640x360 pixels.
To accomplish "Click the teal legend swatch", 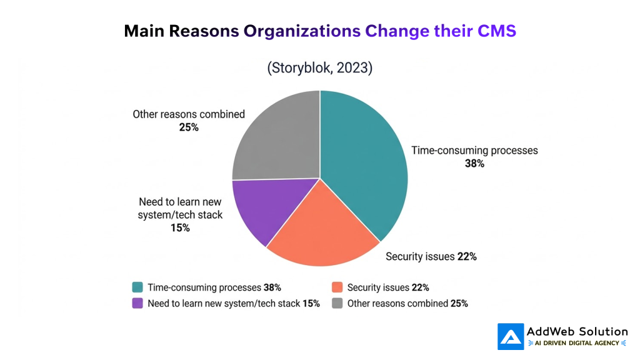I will point(137,287).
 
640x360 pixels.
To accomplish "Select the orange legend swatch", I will point(337,287).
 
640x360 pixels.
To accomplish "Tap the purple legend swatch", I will point(137,304).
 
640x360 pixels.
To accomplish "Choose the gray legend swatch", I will point(337,304).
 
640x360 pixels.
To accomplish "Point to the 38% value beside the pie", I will point(474,164).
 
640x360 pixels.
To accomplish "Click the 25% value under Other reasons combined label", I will point(188,127).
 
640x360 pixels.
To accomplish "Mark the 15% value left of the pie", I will point(180,228).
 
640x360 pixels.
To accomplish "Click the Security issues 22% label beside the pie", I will point(431,256).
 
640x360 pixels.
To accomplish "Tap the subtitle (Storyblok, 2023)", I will point(319,68).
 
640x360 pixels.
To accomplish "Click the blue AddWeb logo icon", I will point(511,336).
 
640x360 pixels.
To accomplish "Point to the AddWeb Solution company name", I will point(577,331).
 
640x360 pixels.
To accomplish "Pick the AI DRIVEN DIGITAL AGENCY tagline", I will point(577,343).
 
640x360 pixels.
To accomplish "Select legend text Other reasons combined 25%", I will point(407,304).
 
